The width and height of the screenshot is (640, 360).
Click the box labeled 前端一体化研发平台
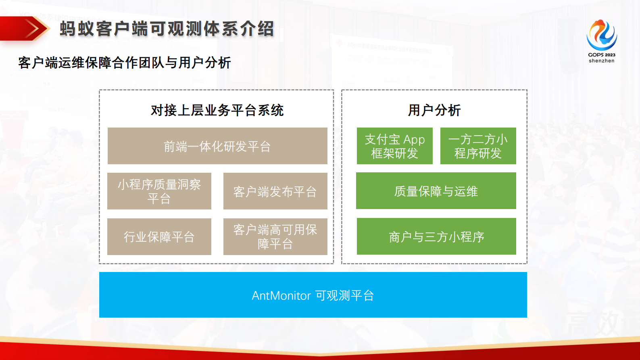217,146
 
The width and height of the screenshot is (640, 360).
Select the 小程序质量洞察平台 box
159,191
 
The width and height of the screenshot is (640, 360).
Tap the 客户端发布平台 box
275,191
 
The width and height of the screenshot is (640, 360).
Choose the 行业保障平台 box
159,237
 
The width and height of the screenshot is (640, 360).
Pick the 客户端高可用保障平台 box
275,237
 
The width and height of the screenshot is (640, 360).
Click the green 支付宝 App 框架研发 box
394,146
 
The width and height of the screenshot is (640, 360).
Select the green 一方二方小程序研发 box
478,146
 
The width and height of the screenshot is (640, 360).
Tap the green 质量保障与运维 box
436,191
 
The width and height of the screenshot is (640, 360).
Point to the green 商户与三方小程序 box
436,237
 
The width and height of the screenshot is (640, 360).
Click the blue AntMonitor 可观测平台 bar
313,295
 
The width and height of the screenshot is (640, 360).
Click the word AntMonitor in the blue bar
281,296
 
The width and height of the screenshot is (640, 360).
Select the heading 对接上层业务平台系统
217,110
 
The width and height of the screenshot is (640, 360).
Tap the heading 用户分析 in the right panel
434,110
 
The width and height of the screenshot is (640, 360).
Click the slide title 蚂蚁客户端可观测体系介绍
167,29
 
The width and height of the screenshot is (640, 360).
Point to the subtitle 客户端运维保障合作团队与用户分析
124,63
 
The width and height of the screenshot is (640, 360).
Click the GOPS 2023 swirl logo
601,35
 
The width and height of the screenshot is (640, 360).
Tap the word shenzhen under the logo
601,61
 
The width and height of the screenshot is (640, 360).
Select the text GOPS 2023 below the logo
601,55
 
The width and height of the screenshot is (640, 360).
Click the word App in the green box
414,140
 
